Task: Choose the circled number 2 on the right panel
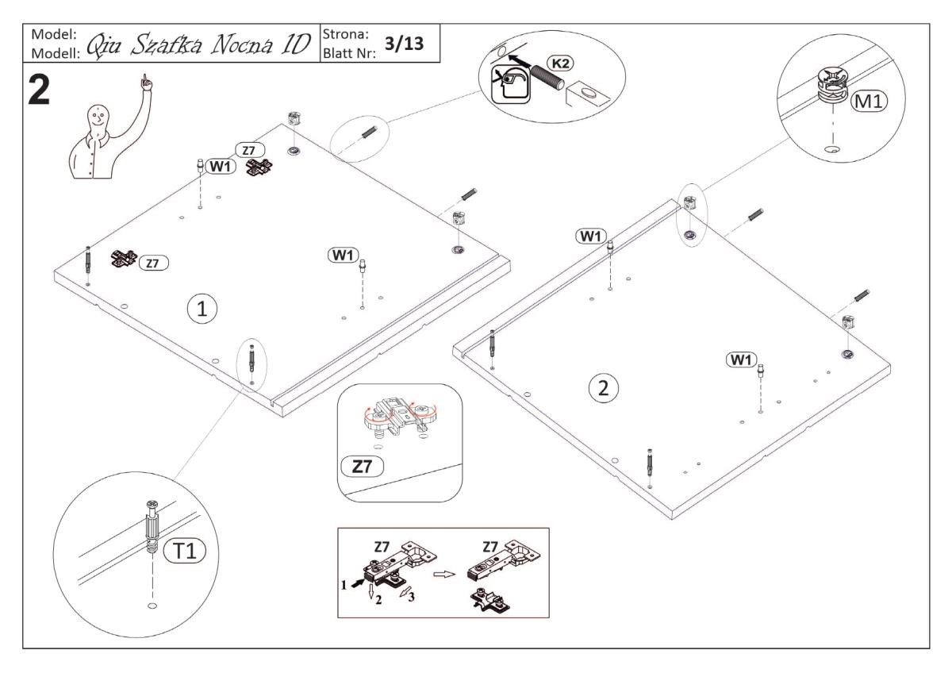pyautogui.click(x=604, y=387)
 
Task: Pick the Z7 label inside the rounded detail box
pyautogui.click(x=362, y=467)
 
